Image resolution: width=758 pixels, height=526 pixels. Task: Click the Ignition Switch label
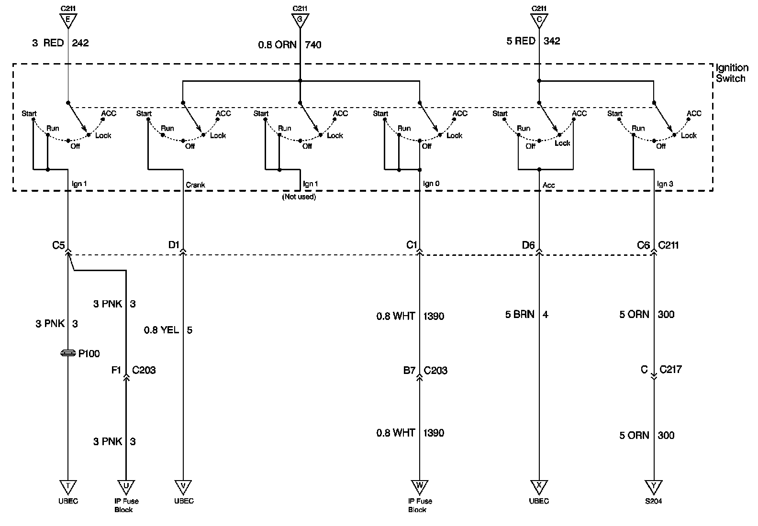click(x=732, y=73)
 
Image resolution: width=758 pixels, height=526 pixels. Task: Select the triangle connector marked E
click(x=68, y=21)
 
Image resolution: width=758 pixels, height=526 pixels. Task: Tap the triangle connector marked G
click(x=300, y=21)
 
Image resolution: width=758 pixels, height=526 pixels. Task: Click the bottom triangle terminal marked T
click(x=68, y=486)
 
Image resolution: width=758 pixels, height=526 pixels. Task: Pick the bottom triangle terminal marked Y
click(x=653, y=486)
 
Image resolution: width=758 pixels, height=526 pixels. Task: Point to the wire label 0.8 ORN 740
click(x=290, y=45)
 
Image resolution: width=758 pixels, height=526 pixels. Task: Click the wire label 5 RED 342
click(x=533, y=41)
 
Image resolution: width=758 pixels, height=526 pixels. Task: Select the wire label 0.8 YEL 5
click(x=168, y=330)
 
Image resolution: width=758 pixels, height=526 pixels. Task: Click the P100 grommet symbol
click(x=68, y=353)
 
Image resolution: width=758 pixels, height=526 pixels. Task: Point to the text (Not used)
click(x=299, y=197)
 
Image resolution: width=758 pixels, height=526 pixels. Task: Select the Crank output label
click(x=195, y=185)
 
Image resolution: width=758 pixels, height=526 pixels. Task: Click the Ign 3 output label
click(x=665, y=184)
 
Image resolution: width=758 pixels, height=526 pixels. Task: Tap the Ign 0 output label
click(x=431, y=184)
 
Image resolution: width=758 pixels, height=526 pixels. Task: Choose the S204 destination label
click(x=653, y=501)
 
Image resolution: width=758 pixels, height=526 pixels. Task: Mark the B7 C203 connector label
click(x=425, y=371)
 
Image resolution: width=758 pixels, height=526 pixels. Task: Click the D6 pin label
click(x=528, y=245)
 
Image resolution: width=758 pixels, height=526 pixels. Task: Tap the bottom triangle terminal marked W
click(x=420, y=486)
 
